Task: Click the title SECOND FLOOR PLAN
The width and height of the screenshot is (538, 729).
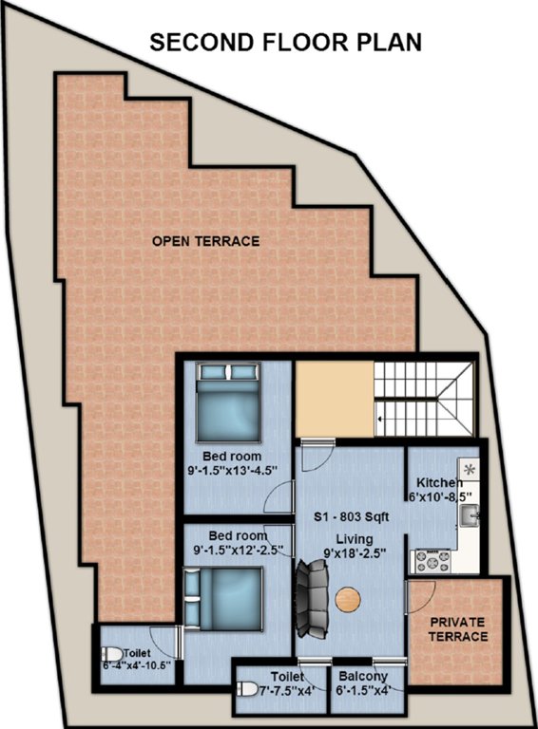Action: point(286,42)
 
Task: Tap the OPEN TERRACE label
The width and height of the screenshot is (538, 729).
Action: point(205,241)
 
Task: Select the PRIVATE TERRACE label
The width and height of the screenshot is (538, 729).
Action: point(457,629)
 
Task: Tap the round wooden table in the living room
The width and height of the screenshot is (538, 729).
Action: point(348,600)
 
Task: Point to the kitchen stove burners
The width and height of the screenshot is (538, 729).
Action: point(430,561)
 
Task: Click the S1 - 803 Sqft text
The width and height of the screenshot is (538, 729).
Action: point(352,517)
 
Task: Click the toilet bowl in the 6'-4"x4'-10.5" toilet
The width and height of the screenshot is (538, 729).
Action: point(111,655)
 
